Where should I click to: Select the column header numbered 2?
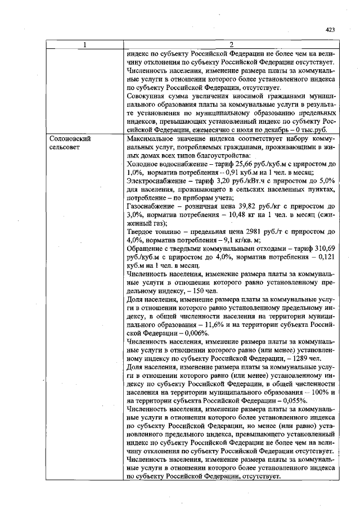tap(231, 44)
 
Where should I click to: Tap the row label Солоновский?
tap(70, 138)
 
